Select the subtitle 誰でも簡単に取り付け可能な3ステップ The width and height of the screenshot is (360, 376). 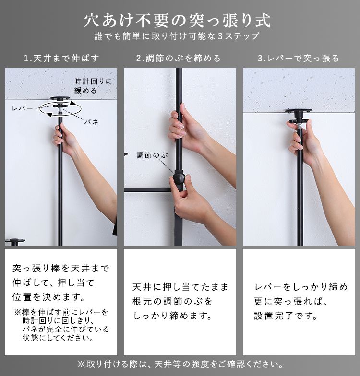pos(177,36)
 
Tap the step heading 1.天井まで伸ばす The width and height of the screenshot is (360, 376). pos(61,59)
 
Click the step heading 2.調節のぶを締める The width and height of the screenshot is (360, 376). pos(179,59)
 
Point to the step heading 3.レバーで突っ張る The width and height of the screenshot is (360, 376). pos(299,59)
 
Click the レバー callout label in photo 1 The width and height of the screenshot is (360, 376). pos(22,108)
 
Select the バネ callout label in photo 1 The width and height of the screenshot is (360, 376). pos(92,122)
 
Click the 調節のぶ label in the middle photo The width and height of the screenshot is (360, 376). pos(152,155)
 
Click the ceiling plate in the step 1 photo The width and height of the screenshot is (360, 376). pos(60,99)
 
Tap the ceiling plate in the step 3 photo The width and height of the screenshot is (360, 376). pos(299,111)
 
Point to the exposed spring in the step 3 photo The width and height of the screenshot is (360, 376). pos(300,126)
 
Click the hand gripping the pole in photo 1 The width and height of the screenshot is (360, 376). pos(65,139)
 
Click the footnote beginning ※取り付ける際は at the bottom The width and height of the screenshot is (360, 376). pos(180,364)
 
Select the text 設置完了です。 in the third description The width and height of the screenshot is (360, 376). pos(286,316)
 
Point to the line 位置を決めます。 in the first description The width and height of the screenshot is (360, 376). pos(48,297)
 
